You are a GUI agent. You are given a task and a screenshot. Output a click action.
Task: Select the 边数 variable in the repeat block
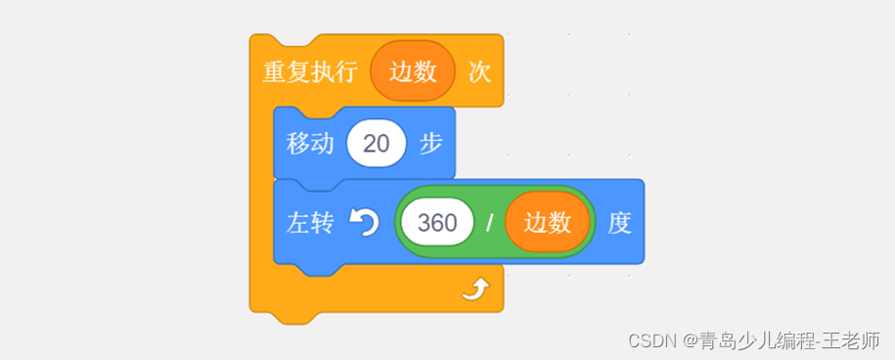coord(413,72)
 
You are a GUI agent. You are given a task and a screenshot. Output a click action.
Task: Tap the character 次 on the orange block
coord(479,72)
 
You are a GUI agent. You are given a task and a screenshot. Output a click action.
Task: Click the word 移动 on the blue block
coord(310,144)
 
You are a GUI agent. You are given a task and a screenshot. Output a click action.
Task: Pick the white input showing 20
coord(377,144)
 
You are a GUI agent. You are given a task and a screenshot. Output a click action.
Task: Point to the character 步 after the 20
coord(431,144)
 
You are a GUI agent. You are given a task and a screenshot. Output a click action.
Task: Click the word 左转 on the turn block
coord(310,223)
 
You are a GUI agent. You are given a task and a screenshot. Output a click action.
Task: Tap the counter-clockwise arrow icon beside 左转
coord(364,223)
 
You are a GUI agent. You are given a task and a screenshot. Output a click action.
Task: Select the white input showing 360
coord(436,223)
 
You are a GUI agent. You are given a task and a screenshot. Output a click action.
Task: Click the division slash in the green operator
coord(489,224)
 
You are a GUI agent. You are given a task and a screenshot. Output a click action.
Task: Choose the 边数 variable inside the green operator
coord(548,223)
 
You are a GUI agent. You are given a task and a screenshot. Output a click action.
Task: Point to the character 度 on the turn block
coord(620,223)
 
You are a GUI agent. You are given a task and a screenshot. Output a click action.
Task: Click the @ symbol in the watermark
coord(690,340)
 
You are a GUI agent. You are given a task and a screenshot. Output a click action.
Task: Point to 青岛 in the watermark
coord(714,340)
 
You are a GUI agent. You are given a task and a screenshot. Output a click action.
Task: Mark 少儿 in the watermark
coord(750,340)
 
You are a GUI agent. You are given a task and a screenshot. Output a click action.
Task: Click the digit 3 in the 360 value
coord(424,223)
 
